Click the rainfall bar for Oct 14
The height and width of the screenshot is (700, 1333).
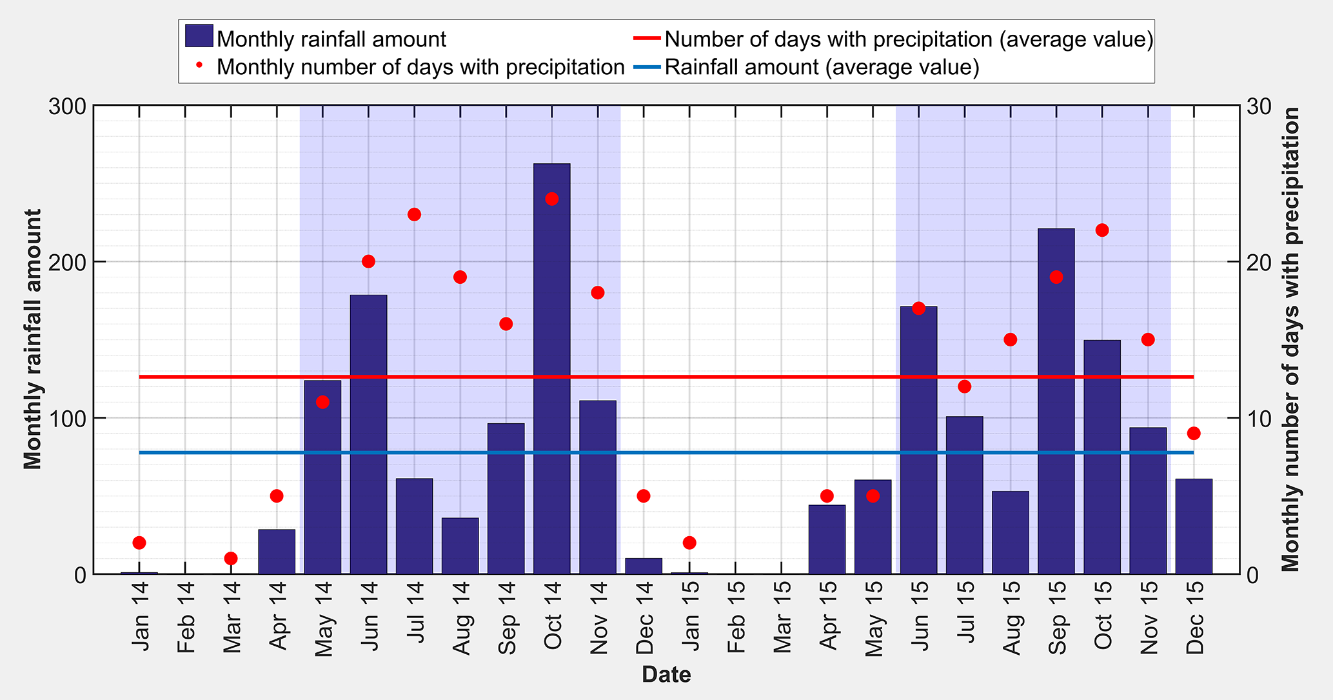[x=552, y=368]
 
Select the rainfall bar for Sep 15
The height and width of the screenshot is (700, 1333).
[x=1056, y=400]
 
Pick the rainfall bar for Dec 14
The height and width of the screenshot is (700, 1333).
[x=644, y=566]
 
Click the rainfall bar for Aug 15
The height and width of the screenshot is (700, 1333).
[x=1011, y=532]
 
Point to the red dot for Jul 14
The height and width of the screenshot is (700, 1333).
[x=414, y=214]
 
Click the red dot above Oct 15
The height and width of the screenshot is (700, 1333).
[x=1102, y=230]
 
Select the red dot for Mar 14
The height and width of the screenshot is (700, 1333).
[x=231, y=558]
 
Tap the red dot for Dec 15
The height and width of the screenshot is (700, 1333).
[x=1194, y=433]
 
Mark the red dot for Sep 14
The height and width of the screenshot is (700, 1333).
[x=506, y=324]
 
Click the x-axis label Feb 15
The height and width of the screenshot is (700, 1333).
[x=736, y=617]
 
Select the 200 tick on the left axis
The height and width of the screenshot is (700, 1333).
[x=67, y=262]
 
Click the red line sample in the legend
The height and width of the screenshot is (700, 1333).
[x=647, y=39]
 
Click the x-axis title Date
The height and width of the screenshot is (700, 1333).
[x=666, y=675]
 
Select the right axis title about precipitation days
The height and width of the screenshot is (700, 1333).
[x=1291, y=339]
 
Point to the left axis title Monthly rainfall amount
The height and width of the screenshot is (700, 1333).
[x=32, y=339]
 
